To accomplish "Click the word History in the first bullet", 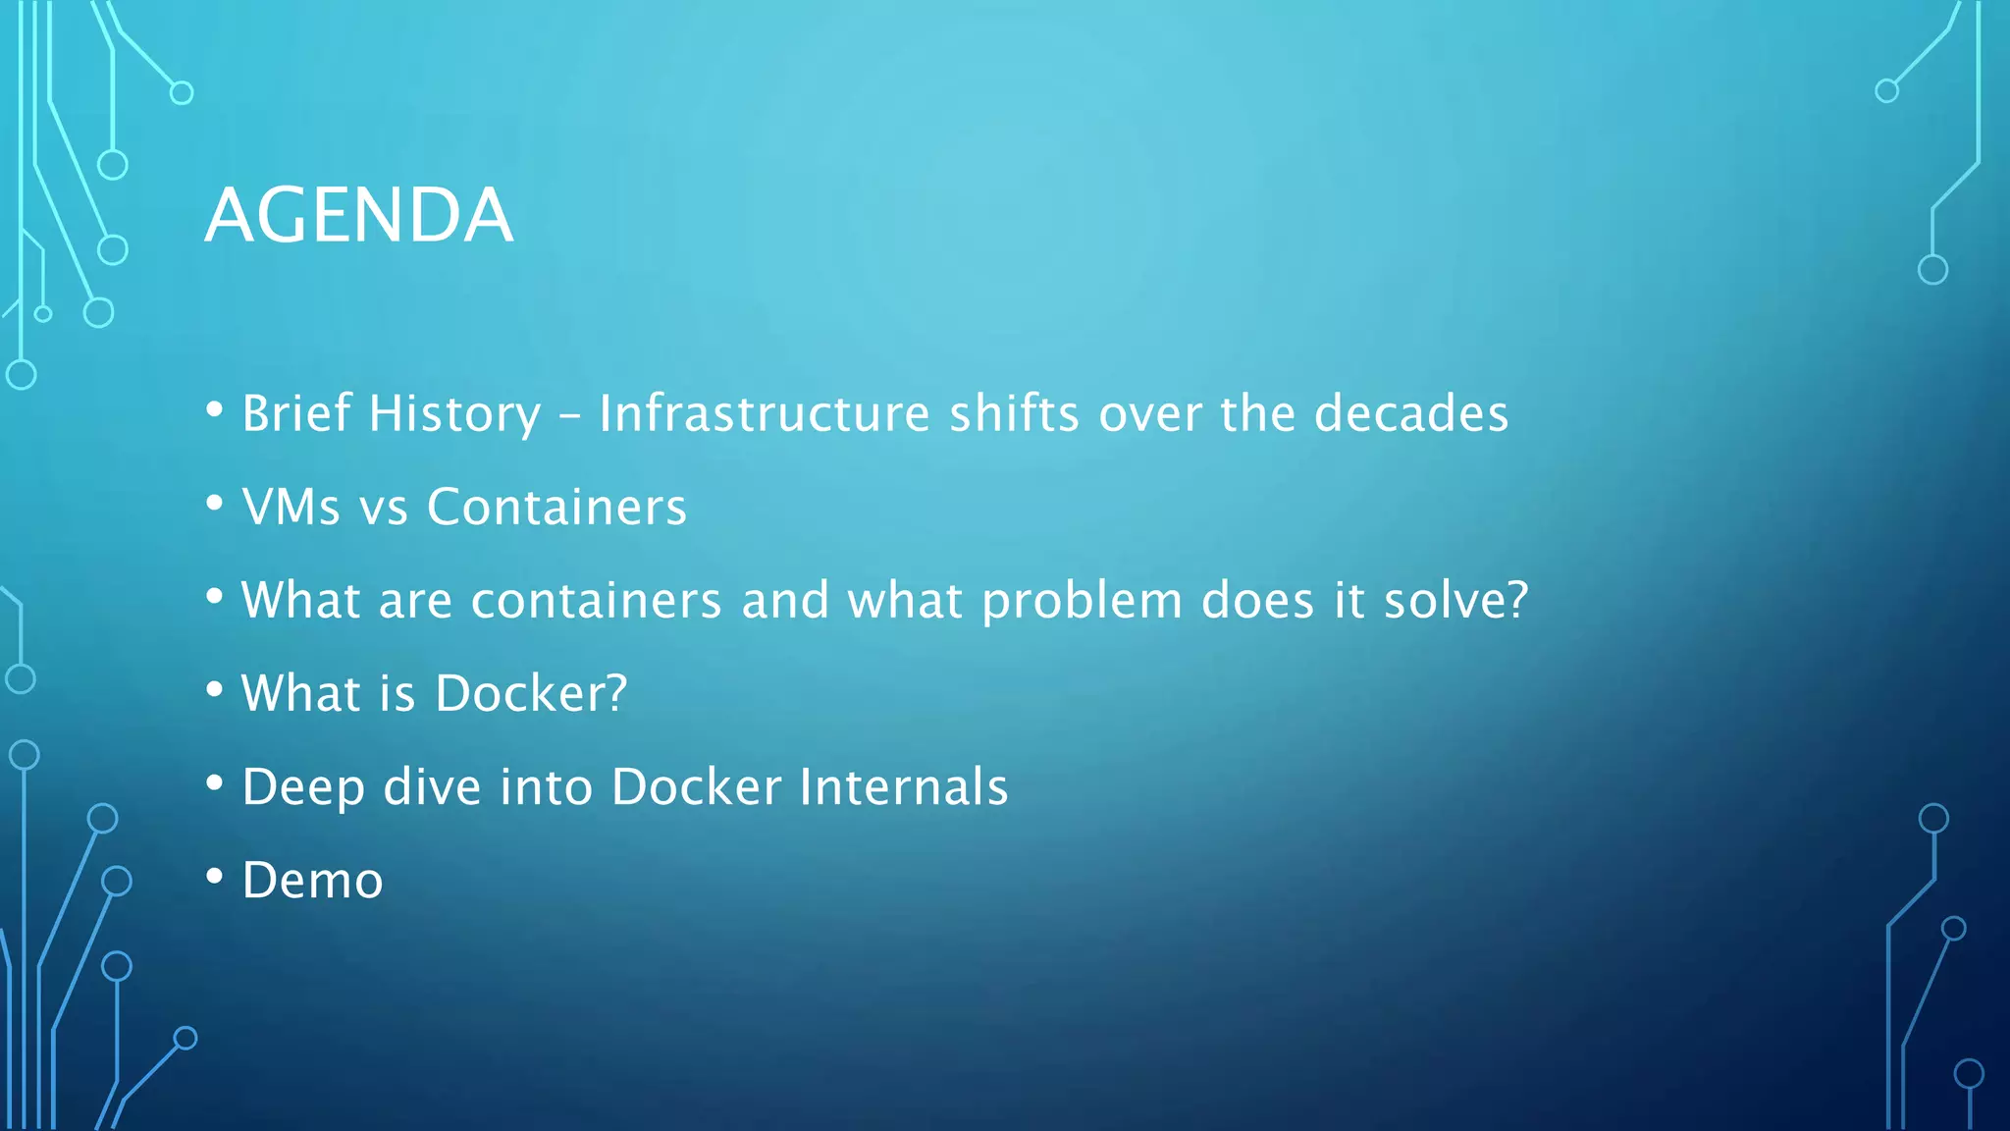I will [x=453, y=413].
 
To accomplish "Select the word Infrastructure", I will [x=764, y=413].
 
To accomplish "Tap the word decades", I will [x=1410, y=413].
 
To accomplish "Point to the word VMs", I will [x=291, y=508].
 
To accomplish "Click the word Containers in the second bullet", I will [x=556, y=508].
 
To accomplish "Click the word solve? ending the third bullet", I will [x=1455, y=601].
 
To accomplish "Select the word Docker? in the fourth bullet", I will [x=530, y=694].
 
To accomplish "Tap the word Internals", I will [x=903, y=787].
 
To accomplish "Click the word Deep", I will [x=302, y=787].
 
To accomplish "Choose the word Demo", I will [x=312, y=881].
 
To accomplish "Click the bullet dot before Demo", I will [x=215, y=877].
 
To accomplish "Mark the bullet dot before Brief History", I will [x=215, y=409].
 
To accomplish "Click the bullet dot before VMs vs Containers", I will [x=215, y=504].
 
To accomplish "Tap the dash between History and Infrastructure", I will [x=569, y=416].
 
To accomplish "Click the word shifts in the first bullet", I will [x=1014, y=413].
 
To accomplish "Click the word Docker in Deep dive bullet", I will [x=696, y=787].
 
